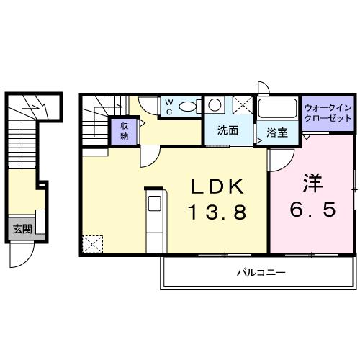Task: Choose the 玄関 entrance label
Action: coord(22,210)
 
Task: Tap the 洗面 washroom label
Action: coord(228,131)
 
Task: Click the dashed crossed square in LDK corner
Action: coord(92,225)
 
